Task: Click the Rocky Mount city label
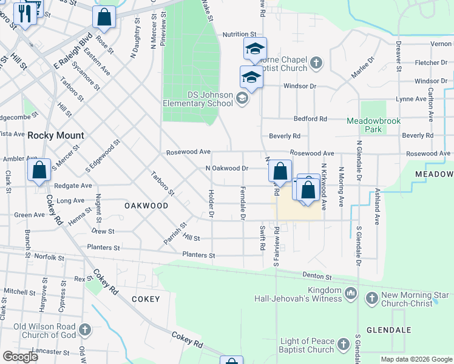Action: point(56,136)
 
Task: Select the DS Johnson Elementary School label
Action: point(197,99)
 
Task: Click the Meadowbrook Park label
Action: point(373,125)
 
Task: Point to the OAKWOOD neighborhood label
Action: point(146,206)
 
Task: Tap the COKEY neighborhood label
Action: point(146,299)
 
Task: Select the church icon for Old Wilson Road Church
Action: point(85,331)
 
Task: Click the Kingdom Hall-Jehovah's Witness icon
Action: point(350,294)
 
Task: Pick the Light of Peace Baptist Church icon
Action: point(344,345)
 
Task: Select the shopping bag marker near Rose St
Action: point(104,18)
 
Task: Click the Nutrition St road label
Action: point(240,35)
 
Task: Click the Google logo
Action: point(20,357)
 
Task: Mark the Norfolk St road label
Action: point(49,257)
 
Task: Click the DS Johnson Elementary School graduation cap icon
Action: point(242,98)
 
